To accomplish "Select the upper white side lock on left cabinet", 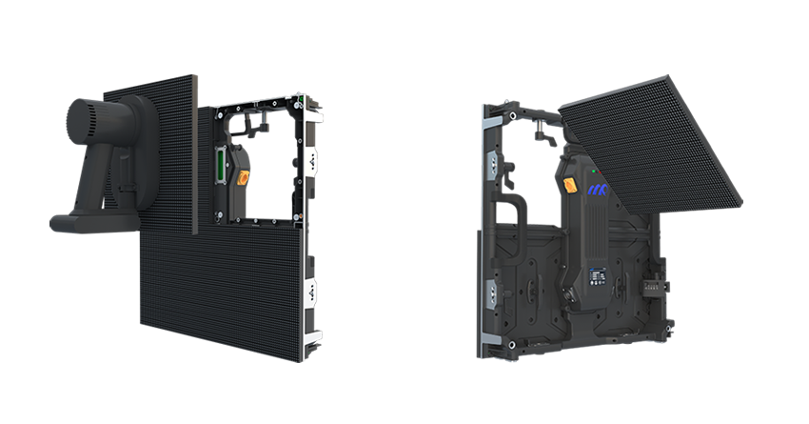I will tap(311, 163).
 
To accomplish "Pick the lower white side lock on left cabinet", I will tap(310, 294).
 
